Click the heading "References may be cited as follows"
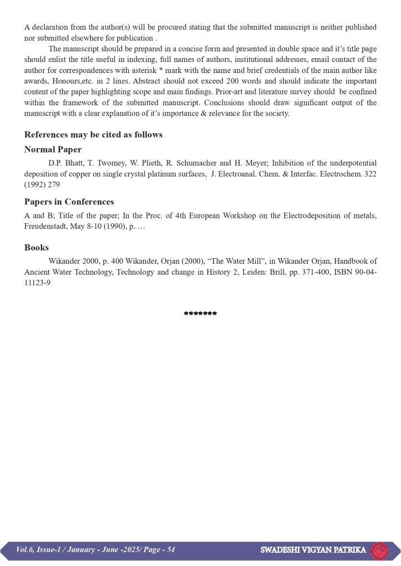pyautogui.click(x=93, y=135)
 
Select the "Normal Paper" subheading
pyautogui.click(x=53, y=149)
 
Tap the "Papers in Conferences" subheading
pyautogui.click(x=69, y=202)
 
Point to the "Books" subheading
pyautogui.click(x=37, y=248)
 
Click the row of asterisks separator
pyautogui.click(x=200, y=313)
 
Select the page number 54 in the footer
pyautogui.click(x=170, y=549)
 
